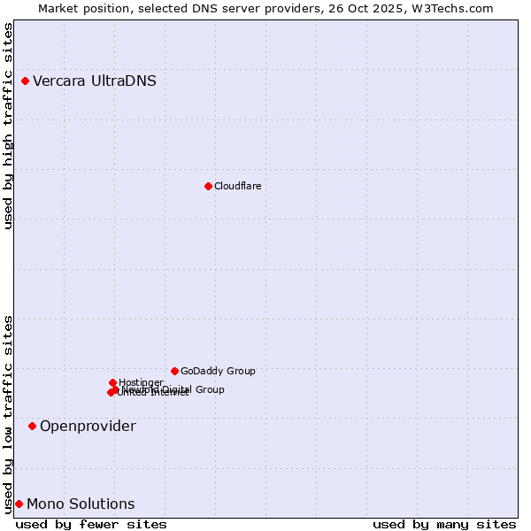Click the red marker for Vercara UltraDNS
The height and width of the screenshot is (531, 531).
[x=25, y=81]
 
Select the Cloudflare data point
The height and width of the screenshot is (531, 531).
[x=208, y=186]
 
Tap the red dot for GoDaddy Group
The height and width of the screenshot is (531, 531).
[x=174, y=371]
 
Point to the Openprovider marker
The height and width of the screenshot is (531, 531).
[x=32, y=427]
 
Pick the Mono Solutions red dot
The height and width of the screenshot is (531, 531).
[x=19, y=504]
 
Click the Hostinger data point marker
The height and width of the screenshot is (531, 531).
[x=112, y=382]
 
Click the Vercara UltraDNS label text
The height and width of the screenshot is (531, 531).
[x=95, y=81]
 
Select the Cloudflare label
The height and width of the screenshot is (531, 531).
[x=237, y=186]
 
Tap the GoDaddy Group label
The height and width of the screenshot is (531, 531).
[x=218, y=371]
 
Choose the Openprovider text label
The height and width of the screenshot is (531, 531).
[x=88, y=427]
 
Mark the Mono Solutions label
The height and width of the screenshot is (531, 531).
[x=81, y=504]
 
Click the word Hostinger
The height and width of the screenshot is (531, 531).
[x=141, y=382]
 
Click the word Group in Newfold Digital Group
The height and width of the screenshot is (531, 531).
[x=210, y=389]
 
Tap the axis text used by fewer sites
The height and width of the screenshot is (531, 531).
[x=91, y=524]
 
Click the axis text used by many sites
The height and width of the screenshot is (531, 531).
[x=444, y=524]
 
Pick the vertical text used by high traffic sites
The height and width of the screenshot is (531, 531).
[x=8, y=126]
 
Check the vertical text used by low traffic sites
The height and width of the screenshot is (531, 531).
[x=8, y=414]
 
